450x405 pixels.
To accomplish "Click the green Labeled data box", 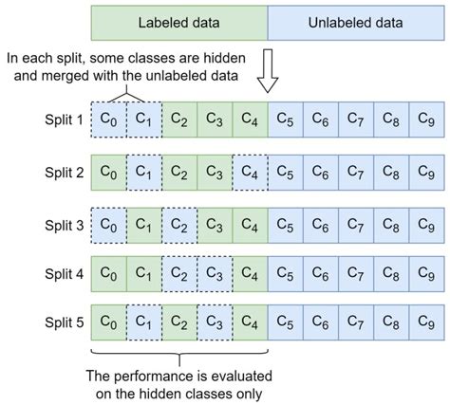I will click(179, 20).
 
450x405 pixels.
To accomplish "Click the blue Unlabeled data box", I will click(356, 20).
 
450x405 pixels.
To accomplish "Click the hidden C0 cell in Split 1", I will click(108, 120).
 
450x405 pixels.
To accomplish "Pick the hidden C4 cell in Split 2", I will click(250, 173).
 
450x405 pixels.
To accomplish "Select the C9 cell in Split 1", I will click(426, 120).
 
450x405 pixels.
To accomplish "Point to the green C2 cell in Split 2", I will click(178, 173).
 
